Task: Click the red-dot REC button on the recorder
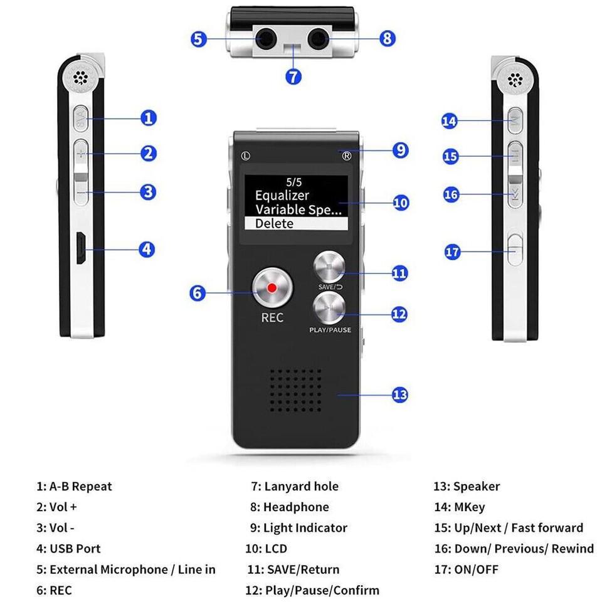(272, 288)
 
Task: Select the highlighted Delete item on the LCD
(295, 223)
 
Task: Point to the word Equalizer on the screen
(282, 196)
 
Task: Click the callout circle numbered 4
(147, 249)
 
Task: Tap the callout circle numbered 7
(293, 77)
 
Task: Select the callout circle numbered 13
(399, 394)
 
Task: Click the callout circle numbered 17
(452, 252)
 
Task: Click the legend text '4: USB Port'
(68, 549)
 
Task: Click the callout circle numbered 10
(401, 203)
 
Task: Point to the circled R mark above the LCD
(347, 156)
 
